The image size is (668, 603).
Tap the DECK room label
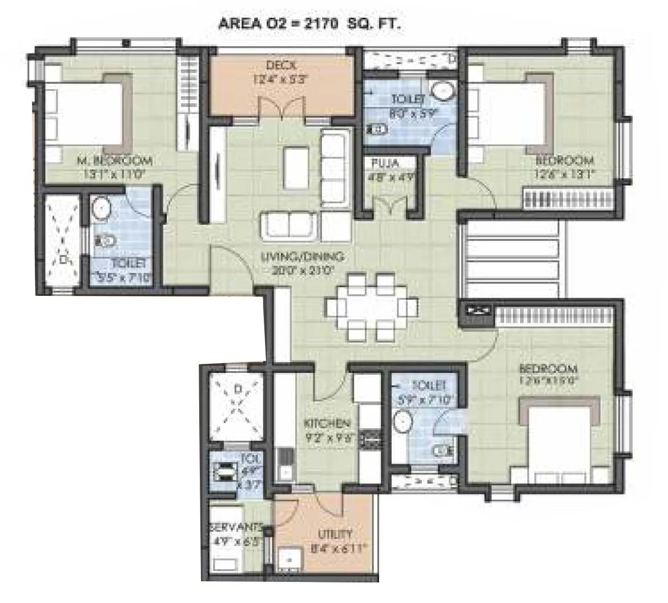[280, 65]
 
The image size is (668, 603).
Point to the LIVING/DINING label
[303, 258]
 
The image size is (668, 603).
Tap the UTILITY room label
[335, 534]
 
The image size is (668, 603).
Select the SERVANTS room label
[236, 526]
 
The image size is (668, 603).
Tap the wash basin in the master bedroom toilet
[102, 208]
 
